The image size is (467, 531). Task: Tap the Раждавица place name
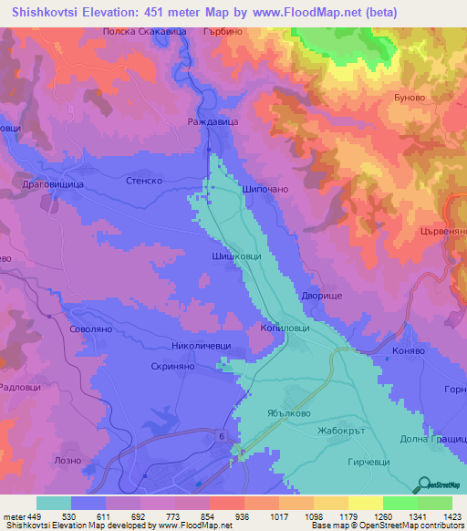tap(212, 120)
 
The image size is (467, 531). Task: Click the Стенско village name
tap(143, 182)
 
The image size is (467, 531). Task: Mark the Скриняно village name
tap(173, 366)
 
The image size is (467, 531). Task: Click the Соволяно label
tap(90, 328)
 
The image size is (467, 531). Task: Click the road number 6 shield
tap(221, 438)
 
